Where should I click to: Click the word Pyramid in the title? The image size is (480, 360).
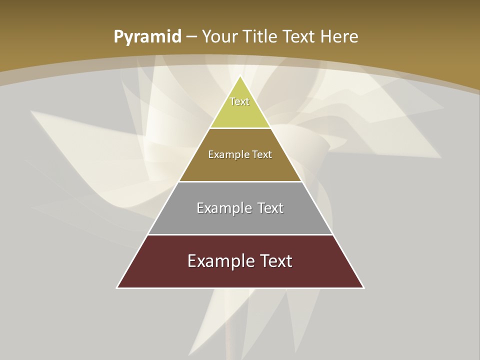[147, 37]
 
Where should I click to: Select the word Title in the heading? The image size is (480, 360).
[260, 37]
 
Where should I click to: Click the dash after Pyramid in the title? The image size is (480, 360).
[191, 37]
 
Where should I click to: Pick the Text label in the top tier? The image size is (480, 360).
[239, 101]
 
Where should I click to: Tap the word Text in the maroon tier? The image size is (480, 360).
[274, 261]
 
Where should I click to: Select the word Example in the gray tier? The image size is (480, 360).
[222, 208]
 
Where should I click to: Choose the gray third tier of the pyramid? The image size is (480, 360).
[240, 222]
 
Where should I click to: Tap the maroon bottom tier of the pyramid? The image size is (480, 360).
[240, 276]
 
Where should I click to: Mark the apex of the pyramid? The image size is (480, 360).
[240, 76]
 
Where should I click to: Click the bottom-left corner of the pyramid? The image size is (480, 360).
[117, 287]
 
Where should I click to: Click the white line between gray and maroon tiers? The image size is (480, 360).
[240, 234]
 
